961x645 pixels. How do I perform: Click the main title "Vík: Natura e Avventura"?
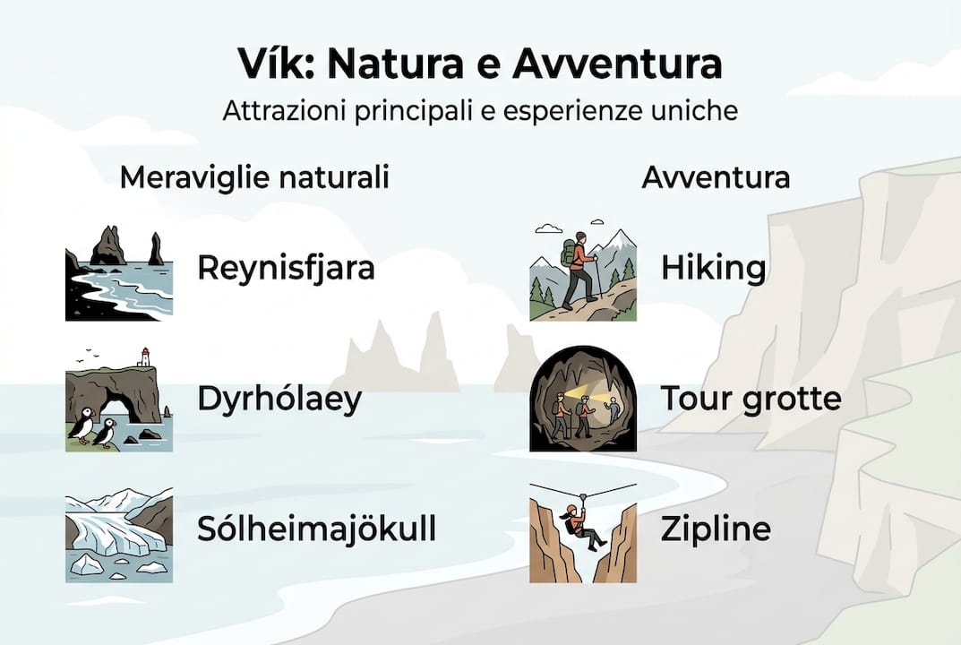coord(480,65)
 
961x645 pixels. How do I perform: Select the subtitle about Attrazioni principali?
coord(480,112)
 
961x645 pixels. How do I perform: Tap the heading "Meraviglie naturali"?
coord(254,177)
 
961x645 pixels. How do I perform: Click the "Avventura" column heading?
coord(716,177)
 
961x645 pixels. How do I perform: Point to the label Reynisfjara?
coord(286,268)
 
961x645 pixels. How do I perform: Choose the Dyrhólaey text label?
coord(279,399)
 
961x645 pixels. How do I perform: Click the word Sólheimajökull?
coord(316,529)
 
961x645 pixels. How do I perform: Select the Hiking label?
coord(713,268)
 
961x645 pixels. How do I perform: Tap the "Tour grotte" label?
coord(751,399)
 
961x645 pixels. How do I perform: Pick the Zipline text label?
coord(715,529)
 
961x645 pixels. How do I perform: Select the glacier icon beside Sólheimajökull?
coord(118,534)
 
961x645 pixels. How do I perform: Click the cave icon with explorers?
coord(582,399)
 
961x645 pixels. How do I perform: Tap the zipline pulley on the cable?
coord(583,495)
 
